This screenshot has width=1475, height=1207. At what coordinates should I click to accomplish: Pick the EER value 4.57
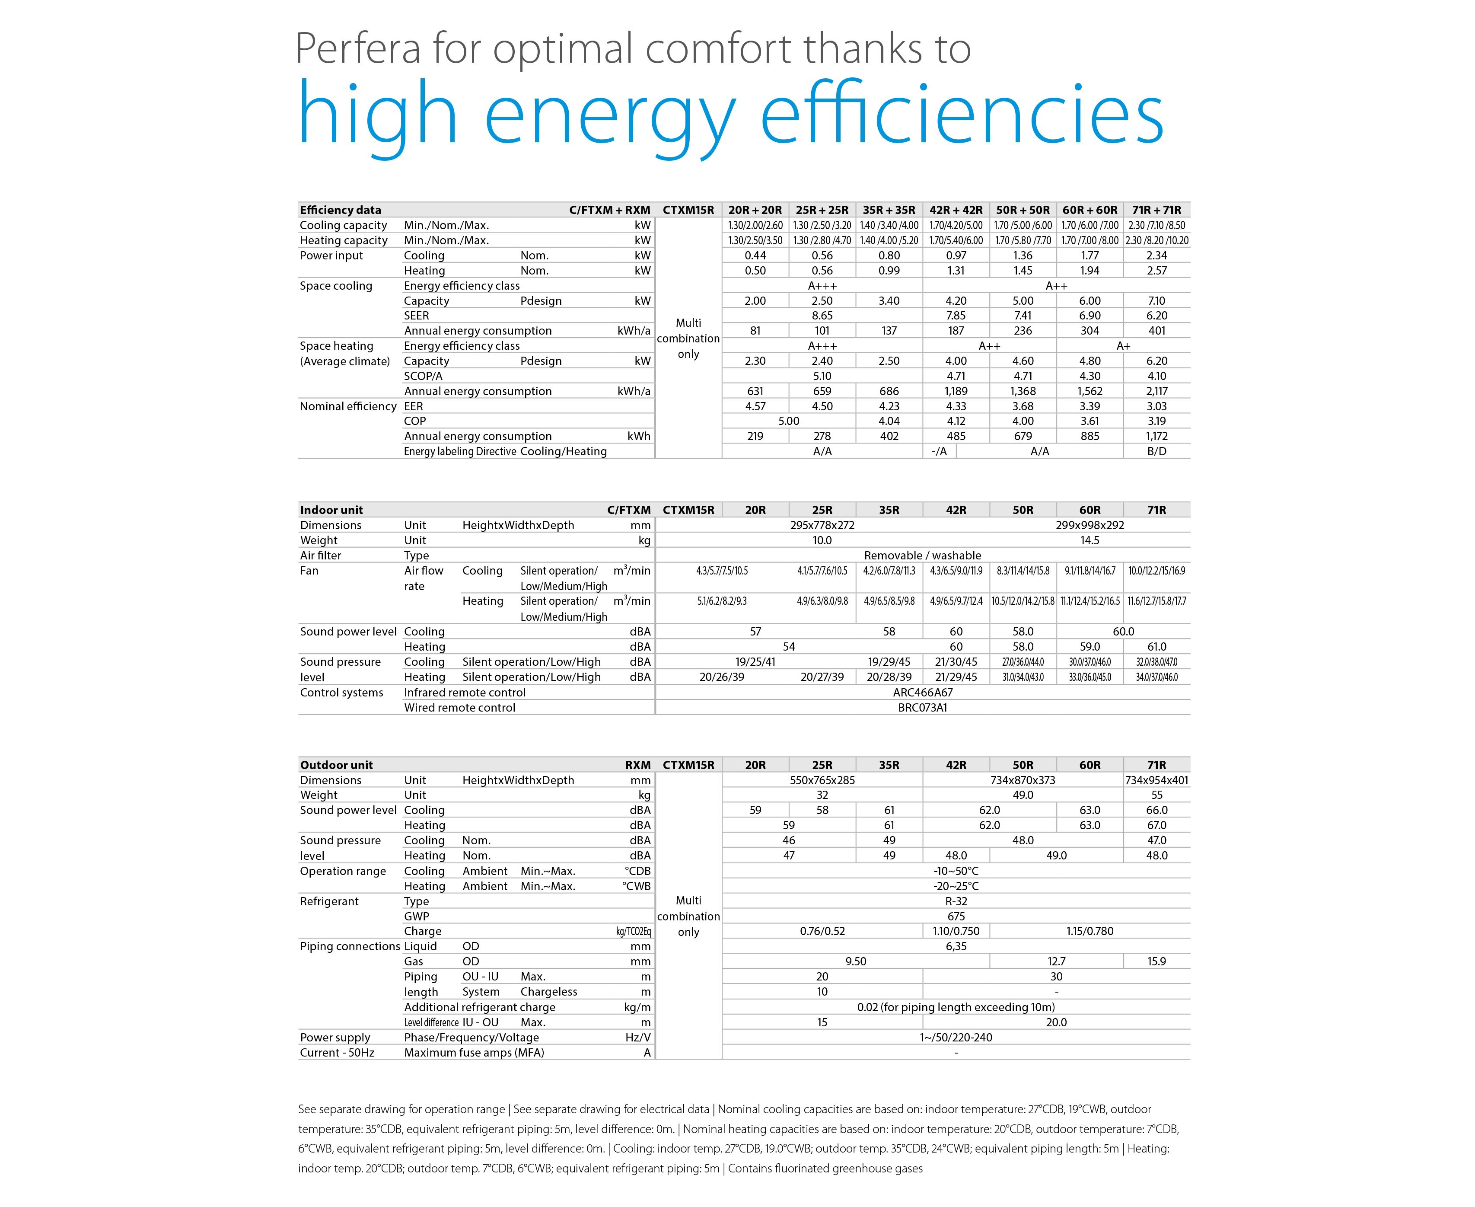755,406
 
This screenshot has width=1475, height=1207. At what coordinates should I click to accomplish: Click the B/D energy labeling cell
1156,451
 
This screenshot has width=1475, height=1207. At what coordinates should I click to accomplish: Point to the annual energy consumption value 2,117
1156,391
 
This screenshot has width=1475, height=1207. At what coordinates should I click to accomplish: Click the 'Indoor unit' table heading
331,510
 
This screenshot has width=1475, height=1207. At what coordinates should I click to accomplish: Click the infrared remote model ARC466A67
922,693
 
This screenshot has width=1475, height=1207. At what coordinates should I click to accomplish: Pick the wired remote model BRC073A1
922,708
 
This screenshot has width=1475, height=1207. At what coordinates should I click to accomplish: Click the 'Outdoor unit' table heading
336,765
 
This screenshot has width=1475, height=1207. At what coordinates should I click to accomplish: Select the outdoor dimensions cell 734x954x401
1156,780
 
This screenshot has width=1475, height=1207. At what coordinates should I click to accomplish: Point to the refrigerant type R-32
956,901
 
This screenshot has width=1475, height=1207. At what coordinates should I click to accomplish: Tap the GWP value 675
956,916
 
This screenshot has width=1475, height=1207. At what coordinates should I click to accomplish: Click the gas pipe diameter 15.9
1156,961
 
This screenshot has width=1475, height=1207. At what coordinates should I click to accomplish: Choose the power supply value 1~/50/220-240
956,1038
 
